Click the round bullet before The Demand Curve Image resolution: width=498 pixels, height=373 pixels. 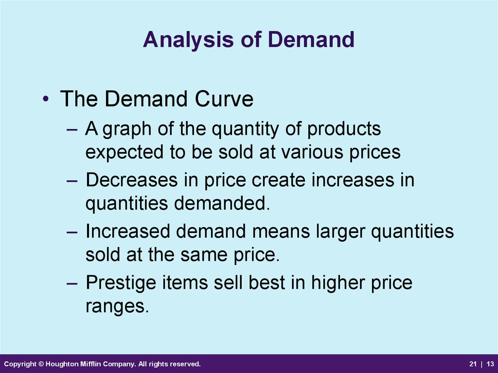tap(46, 99)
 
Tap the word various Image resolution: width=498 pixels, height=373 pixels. tap(313, 152)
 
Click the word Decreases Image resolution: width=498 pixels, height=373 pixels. tap(131, 180)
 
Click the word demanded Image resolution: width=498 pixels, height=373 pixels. tap(222, 203)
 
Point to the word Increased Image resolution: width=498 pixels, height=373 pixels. tap(128, 231)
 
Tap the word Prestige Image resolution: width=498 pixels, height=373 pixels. tap(121, 283)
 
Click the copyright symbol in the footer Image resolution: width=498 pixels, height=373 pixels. tap(41, 364)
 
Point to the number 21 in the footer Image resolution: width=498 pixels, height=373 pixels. tap(473, 364)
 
